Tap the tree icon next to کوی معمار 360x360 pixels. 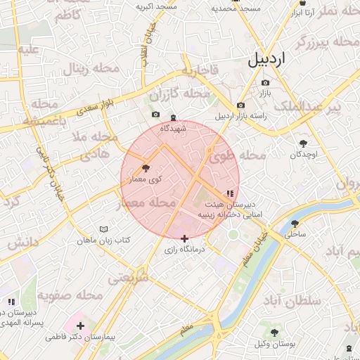(x=146, y=168)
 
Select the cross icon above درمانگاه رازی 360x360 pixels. (x=185, y=239)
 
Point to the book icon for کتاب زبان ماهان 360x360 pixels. (x=104, y=229)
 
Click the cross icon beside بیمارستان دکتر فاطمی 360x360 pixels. (x=80, y=326)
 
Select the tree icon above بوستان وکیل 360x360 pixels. (x=274, y=333)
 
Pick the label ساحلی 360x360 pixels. (x=295, y=236)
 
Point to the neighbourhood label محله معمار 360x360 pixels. (x=147, y=202)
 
